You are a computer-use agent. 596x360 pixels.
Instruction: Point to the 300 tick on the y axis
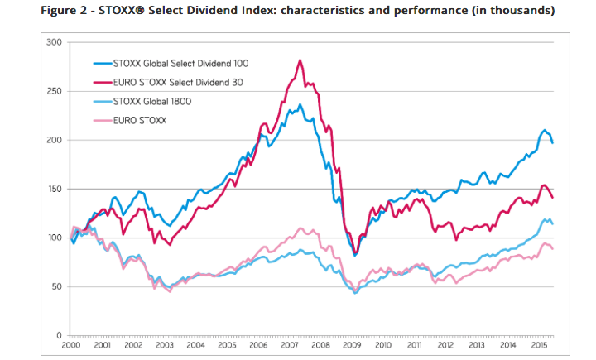click(x=55, y=41)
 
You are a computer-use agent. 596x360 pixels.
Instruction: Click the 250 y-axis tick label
click(x=55, y=91)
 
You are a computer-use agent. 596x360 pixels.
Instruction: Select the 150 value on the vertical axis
click(x=55, y=190)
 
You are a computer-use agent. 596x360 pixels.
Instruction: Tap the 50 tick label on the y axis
click(x=57, y=287)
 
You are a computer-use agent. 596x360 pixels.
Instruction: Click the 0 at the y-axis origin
click(x=60, y=336)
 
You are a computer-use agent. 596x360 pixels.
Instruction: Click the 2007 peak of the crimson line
click(x=300, y=60)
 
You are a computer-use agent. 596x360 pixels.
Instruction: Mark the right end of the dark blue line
click(x=553, y=143)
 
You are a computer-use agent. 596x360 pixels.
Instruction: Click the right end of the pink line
click(x=553, y=249)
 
